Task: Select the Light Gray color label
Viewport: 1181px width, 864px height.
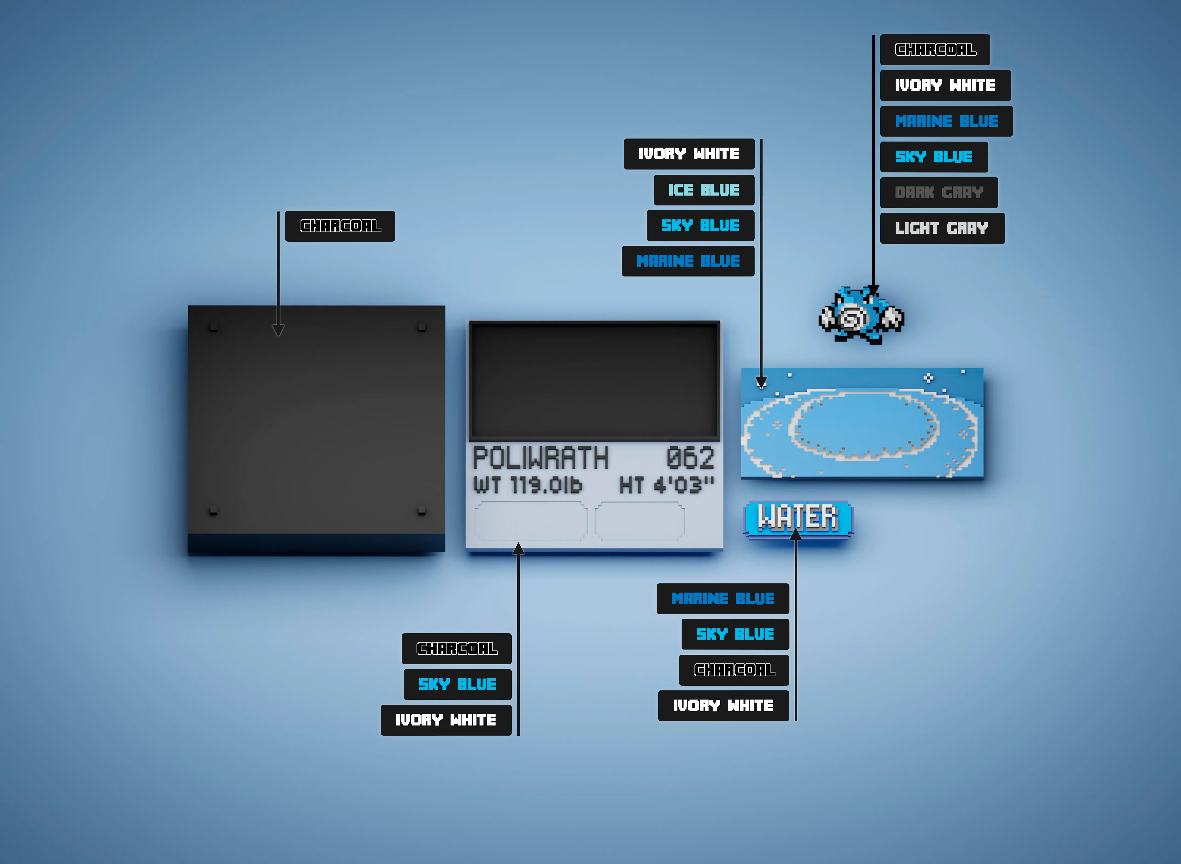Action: click(x=942, y=228)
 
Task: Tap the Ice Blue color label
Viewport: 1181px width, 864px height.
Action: click(x=704, y=190)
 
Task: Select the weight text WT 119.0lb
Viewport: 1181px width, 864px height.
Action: click(x=527, y=485)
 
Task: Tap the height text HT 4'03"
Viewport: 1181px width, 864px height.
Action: click(x=667, y=485)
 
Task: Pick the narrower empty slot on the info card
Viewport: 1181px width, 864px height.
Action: click(x=639, y=521)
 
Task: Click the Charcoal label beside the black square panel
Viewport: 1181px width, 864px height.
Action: click(x=340, y=226)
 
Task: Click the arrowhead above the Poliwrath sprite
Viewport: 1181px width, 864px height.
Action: click(x=873, y=291)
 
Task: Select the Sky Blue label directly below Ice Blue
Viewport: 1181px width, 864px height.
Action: click(x=700, y=225)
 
